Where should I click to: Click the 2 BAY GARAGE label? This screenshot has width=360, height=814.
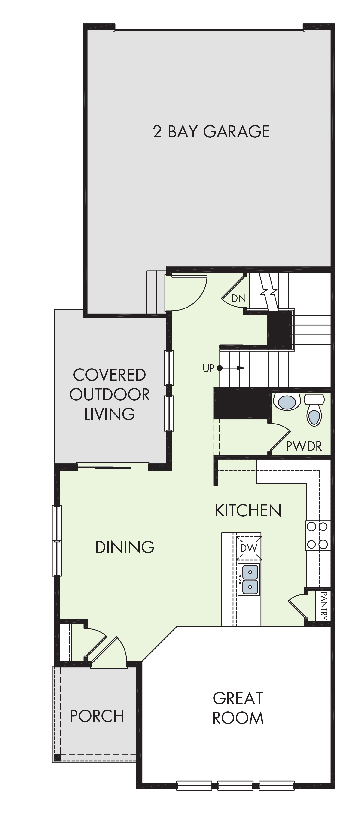tap(211, 131)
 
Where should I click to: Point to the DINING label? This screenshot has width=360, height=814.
tap(125, 547)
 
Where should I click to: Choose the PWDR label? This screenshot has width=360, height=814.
tap(304, 446)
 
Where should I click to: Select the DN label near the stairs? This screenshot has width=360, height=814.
tap(239, 298)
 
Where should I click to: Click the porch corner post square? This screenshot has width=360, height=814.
tap(57, 757)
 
